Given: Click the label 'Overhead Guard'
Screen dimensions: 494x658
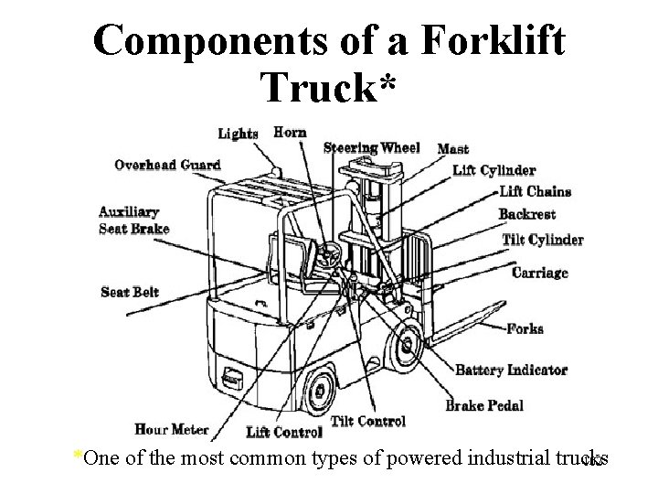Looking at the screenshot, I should pos(167,166).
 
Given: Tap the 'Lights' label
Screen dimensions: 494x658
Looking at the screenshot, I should pos(238,134).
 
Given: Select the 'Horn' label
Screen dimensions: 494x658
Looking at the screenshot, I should pos(290,133).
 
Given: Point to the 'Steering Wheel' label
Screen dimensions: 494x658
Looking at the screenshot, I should pos(372,148).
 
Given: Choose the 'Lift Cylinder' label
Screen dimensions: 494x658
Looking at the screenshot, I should pos(494,170).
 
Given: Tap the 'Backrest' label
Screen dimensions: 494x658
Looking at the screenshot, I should pos(528,215).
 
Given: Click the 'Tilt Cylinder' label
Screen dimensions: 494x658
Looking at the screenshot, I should pos(543,240).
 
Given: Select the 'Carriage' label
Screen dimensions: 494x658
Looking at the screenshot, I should pos(539,273).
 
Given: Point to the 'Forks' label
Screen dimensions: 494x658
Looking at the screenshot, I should pos(525,328).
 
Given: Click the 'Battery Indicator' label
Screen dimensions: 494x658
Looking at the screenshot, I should pos(511,370).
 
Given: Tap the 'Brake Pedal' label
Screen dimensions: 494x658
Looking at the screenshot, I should pos(484,405).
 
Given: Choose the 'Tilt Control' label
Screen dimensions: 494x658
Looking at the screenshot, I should pos(367,421).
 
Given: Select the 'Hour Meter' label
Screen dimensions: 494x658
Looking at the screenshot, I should pos(172,428).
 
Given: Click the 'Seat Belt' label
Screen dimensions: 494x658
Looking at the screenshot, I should pos(130,292).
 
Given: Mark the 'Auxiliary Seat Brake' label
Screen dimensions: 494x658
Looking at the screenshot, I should pos(133,220).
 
